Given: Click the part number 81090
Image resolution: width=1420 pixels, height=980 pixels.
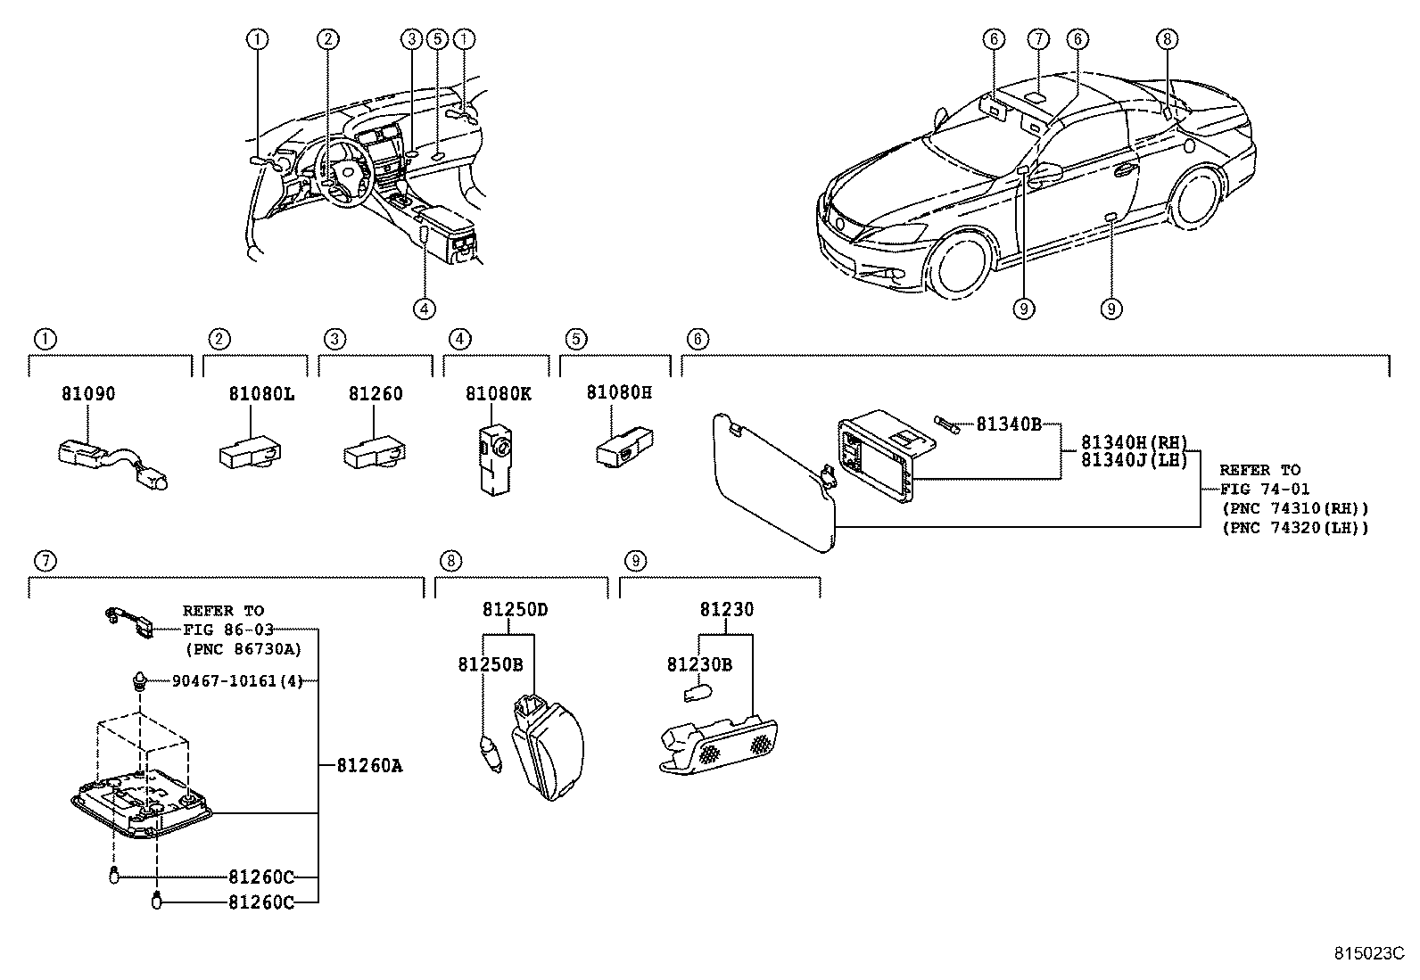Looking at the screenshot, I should [x=88, y=393].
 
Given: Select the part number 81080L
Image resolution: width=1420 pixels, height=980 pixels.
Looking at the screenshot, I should [x=260, y=393].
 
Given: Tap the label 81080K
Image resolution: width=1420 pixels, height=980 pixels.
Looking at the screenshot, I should [x=498, y=393].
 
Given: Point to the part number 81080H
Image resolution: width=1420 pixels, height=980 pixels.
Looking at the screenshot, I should [x=619, y=392].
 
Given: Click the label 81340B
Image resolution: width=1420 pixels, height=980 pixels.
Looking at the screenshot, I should [x=1008, y=424].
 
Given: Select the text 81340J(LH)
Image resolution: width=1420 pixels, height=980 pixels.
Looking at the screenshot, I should [x=1135, y=460].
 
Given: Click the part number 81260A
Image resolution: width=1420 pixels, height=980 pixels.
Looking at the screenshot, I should [x=369, y=765].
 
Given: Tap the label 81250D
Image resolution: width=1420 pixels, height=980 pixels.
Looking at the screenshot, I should [x=515, y=610].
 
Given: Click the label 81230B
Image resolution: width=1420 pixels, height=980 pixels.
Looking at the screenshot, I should [x=699, y=664].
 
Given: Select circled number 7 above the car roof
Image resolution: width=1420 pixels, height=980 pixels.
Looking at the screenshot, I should [x=1037, y=39].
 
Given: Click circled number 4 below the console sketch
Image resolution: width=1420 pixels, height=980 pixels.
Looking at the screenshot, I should [x=425, y=309].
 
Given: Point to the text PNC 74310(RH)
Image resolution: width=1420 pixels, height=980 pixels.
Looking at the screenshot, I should [x=1294, y=508].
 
